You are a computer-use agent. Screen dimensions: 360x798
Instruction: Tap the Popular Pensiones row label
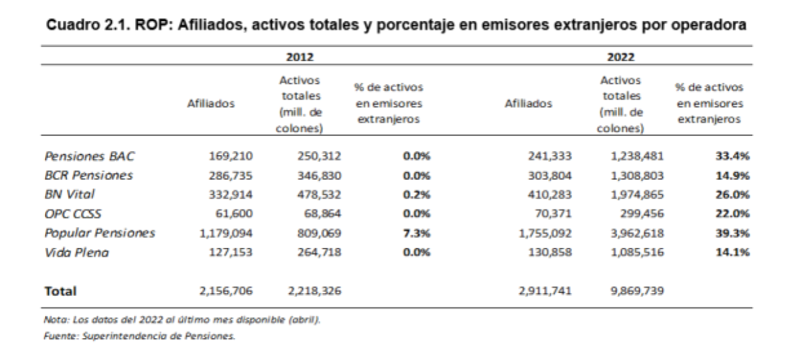100,233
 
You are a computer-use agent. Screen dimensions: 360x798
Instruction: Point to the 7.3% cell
418,233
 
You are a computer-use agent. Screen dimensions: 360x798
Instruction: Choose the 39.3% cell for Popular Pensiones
732,233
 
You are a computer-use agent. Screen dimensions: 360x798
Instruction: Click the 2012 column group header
300,57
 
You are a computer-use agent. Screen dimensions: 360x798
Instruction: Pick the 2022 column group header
620,57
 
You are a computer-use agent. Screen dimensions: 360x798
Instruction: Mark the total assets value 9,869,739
637,291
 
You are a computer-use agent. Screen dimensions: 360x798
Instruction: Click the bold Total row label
60,291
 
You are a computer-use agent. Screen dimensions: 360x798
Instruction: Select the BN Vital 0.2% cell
418,195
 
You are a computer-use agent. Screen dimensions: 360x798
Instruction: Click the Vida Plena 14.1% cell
732,253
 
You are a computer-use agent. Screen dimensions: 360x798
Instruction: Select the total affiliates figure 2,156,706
226,291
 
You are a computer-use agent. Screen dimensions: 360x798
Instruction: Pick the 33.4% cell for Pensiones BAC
732,156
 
